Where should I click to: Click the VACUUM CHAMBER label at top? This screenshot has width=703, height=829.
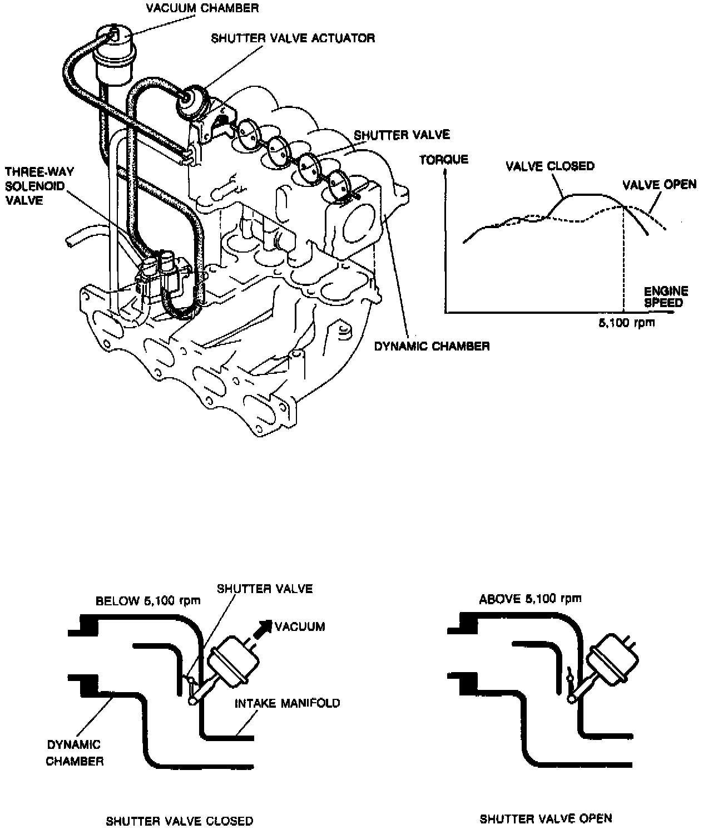(x=202, y=8)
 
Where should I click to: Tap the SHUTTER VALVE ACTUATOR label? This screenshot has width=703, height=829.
(x=293, y=38)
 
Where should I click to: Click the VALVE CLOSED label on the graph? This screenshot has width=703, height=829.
(x=549, y=166)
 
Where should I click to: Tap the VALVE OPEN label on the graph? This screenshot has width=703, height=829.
(x=659, y=184)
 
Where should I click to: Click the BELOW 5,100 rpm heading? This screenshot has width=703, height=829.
(x=148, y=601)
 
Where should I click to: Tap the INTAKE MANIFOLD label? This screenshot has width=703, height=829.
(x=287, y=703)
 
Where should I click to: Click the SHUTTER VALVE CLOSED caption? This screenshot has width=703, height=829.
(x=180, y=821)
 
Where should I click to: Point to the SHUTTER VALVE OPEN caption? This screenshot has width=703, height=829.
(x=546, y=818)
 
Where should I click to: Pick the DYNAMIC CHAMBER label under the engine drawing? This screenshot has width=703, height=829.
(x=432, y=346)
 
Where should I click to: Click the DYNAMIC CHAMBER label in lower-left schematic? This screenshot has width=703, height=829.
(x=75, y=752)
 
